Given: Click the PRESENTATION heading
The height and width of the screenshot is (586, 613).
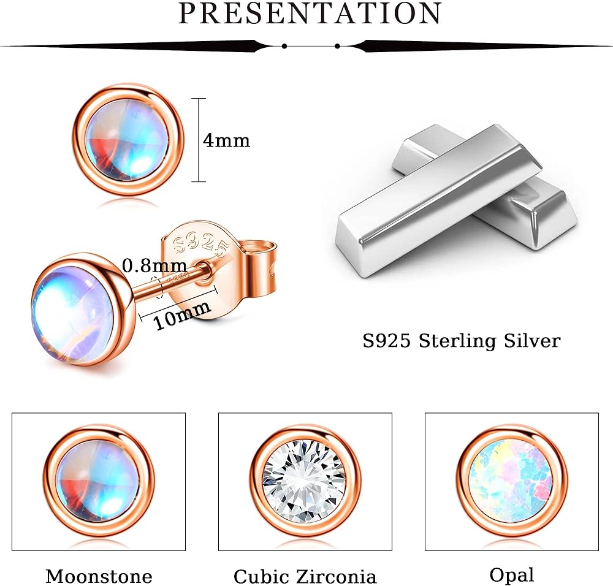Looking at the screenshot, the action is coord(310,13).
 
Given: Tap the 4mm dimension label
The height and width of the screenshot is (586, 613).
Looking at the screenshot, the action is coord(226,140).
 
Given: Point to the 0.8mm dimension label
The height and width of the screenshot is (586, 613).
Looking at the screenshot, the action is coord(155,266).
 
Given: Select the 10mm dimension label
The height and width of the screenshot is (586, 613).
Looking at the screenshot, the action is coord(181,315).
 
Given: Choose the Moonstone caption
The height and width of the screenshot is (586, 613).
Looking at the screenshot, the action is coord(99,576).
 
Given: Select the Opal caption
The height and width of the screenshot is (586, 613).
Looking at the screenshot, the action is coord(512,576).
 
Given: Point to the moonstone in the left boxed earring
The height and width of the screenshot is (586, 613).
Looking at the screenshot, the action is coord(99,483).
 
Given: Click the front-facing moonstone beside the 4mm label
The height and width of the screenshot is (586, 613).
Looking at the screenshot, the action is coord(127,140).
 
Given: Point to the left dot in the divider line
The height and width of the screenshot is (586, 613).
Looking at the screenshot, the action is coord(284,46).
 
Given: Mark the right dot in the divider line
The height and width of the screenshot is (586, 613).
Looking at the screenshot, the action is coord(337,46).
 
